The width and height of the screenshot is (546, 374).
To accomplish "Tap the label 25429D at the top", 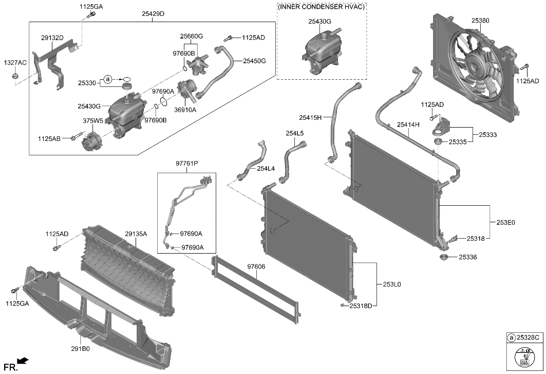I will [x=153, y=13].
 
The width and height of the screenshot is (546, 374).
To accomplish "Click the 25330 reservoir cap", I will [x=126, y=85].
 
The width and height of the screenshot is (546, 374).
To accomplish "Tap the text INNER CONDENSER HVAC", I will [x=322, y=7].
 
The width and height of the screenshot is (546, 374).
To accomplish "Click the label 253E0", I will [x=505, y=223].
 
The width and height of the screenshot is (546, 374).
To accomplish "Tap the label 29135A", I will [x=136, y=234].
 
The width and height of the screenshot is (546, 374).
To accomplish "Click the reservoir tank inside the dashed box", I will [x=321, y=53].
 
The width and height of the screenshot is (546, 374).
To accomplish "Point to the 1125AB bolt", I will [x=78, y=137].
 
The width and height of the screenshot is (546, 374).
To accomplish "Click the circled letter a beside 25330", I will [x=108, y=79].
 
